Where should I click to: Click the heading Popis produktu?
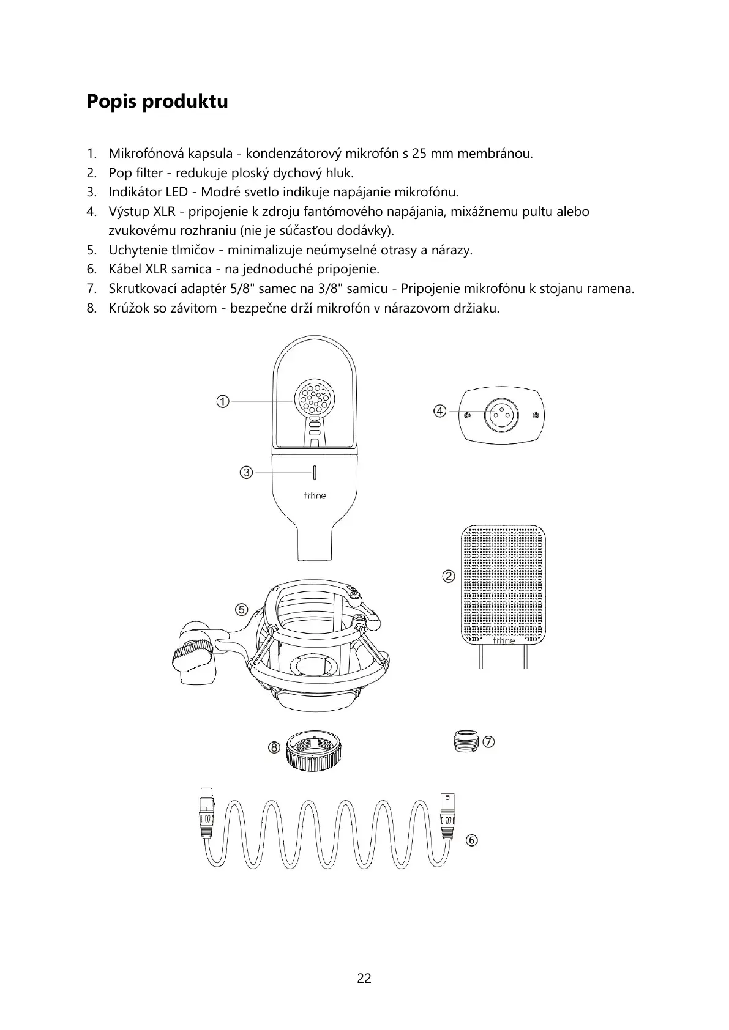(x=157, y=101)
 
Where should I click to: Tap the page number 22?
(x=364, y=978)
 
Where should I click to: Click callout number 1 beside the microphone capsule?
(x=223, y=401)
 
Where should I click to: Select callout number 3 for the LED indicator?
(x=246, y=472)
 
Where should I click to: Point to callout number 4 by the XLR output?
(x=439, y=411)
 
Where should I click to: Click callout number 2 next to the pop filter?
(x=449, y=576)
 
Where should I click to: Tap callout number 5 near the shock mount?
(x=242, y=609)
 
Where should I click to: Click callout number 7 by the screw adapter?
(x=488, y=742)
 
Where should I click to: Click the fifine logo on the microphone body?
(x=315, y=495)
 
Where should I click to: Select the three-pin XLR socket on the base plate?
(x=501, y=416)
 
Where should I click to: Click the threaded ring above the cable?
(x=313, y=752)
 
